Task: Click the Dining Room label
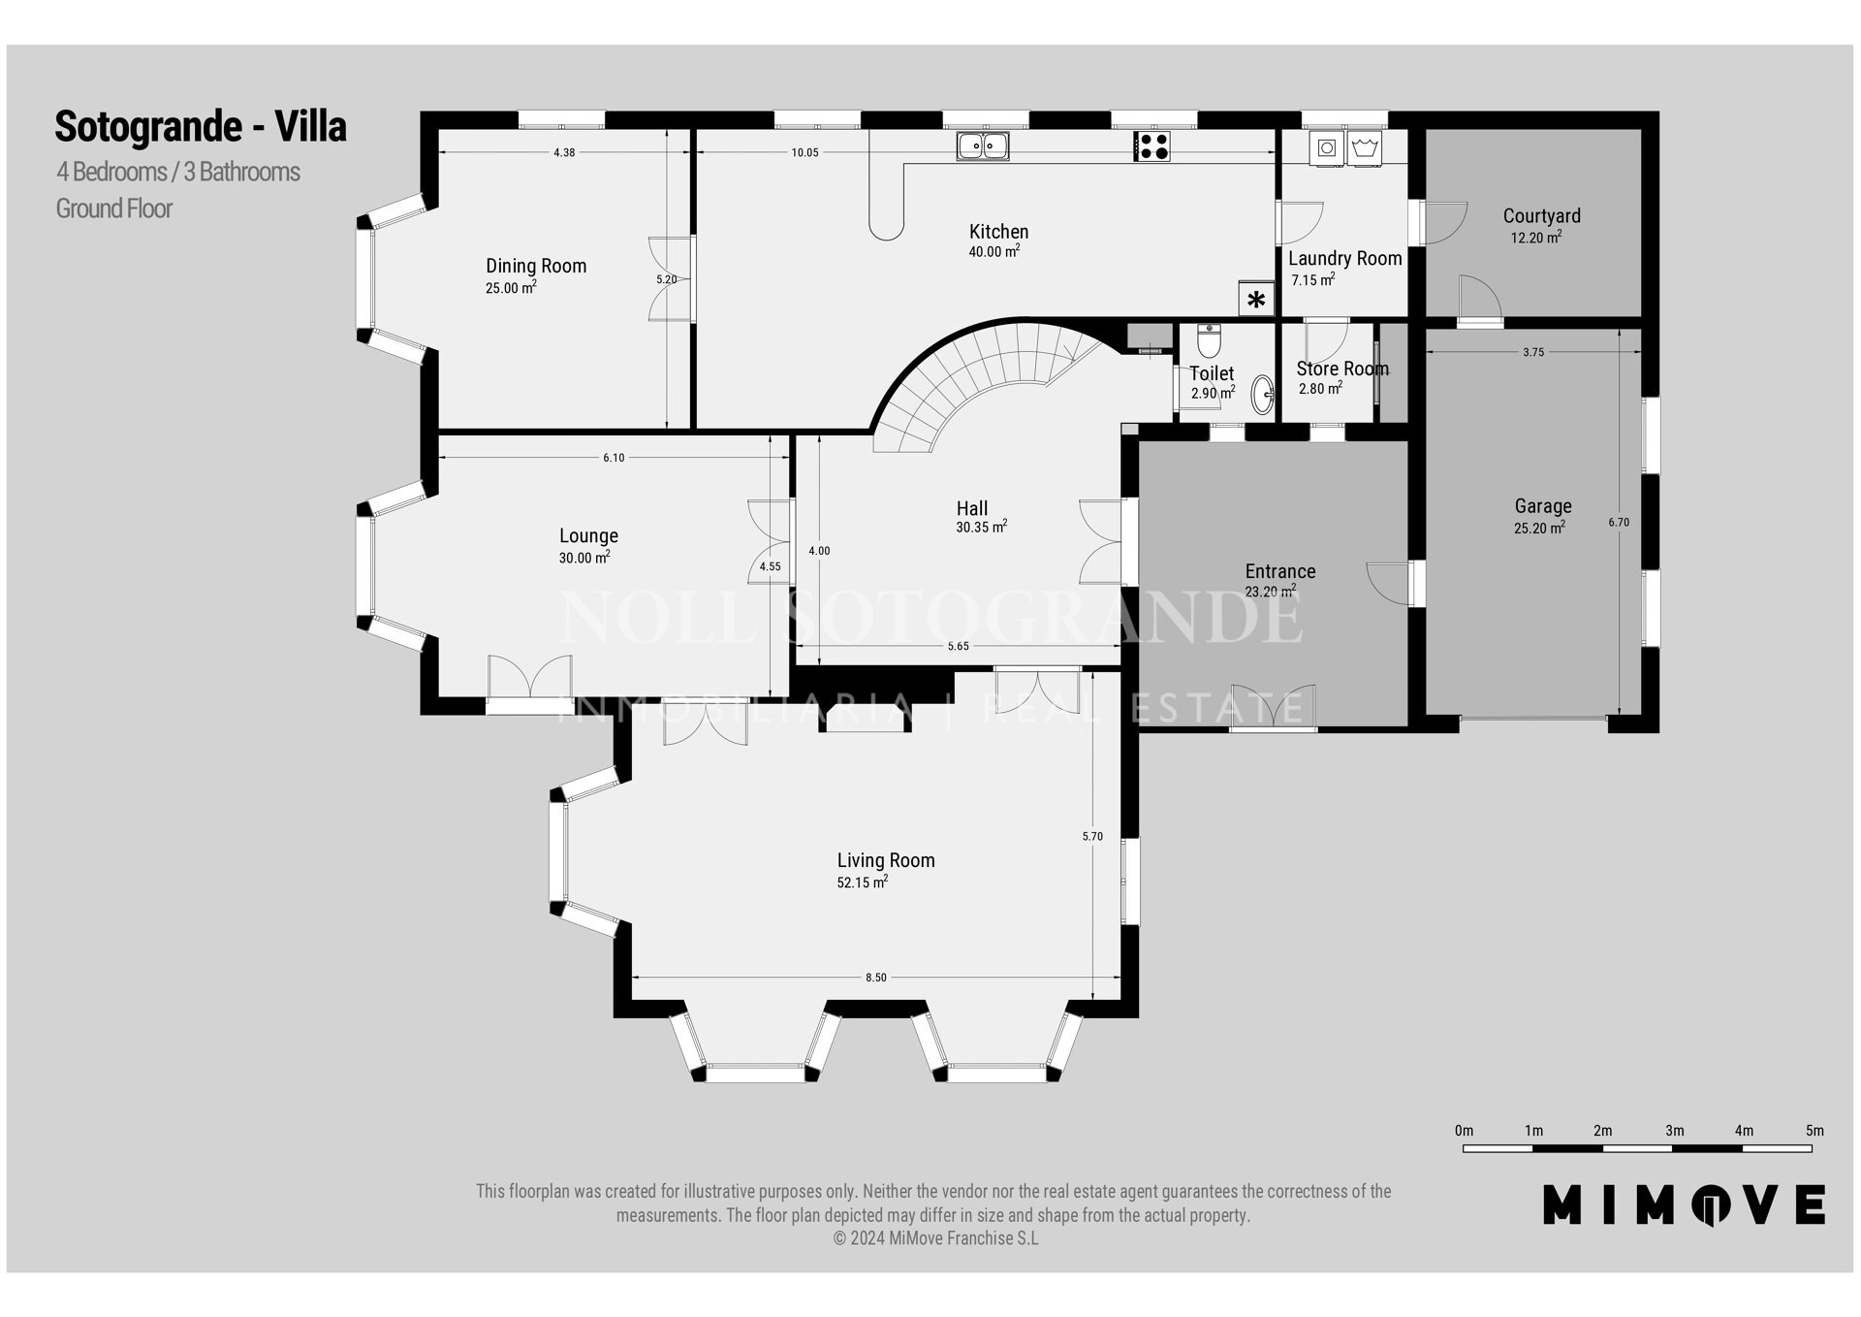[536, 266]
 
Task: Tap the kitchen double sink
[983, 146]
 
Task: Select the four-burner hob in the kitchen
[1151, 146]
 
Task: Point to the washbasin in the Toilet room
[1263, 395]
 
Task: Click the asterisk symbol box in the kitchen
[1256, 299]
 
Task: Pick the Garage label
[1543, 506]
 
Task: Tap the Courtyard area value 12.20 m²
[1536, 238]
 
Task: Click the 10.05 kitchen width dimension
[804, 152]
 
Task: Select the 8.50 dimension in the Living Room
[875, 978]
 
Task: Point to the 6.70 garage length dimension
[1619, 522]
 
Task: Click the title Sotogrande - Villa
[201, 126]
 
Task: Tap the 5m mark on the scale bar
[1814, 1131]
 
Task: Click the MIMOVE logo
[1685, 1204]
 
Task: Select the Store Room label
[1342, 369]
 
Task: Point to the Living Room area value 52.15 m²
[863, 883]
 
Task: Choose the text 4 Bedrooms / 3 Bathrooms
[178, 172]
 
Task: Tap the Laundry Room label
[1345, 259]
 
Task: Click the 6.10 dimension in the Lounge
[614, 458]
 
